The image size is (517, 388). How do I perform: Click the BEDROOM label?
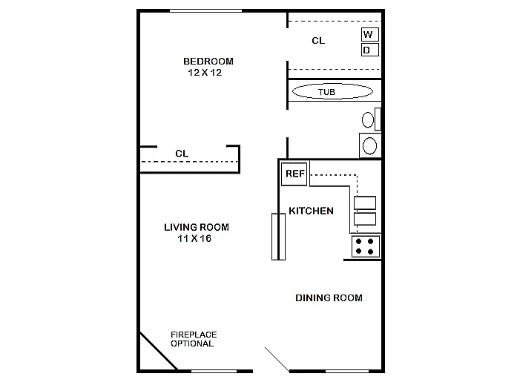tap(208, 61)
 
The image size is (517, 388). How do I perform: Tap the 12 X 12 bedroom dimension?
tap(205, 73)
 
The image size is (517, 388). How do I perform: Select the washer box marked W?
tap(369, 34)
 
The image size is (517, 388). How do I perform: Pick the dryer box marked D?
tap(369, 50)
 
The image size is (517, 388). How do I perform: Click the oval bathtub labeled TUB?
tap(332, 92)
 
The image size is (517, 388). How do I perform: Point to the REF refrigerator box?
tap(294, 174)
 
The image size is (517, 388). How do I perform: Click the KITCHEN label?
tap(311, 211)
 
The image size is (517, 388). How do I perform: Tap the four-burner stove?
tap(365, 246)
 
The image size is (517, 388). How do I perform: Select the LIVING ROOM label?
tap(196, 227)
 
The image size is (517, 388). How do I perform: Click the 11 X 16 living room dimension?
tap(195, 239)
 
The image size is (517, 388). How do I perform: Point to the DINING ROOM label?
tap(329, 298)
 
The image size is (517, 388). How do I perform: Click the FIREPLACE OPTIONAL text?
tap(193, 339)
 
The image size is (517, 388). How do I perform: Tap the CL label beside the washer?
tap(317, 41)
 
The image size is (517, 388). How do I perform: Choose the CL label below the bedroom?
tap(182, 154)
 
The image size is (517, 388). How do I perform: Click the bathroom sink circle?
tap(369, 145)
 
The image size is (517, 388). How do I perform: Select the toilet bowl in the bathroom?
tap(368, 119)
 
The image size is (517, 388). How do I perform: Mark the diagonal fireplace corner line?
tap(158, 351)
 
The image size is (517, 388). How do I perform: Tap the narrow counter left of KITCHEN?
tap(278, 236)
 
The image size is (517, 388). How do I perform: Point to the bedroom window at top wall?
tap(205, 10)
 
